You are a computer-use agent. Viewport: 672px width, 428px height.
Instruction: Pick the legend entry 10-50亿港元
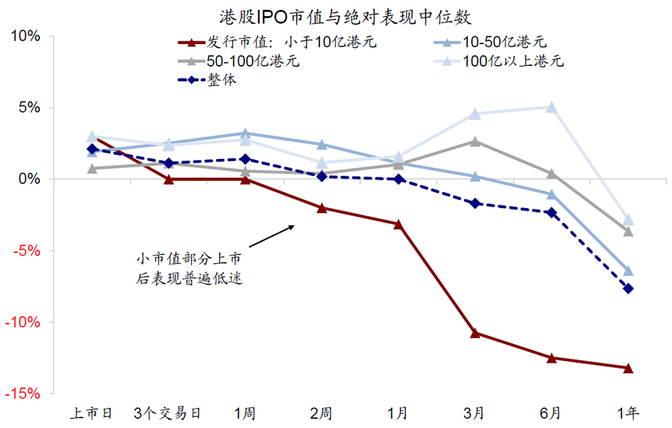coord(503,42)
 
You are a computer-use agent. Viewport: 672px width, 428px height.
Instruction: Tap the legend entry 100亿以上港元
coord(512,61)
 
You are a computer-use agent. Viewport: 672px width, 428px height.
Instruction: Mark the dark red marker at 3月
coord(475,333)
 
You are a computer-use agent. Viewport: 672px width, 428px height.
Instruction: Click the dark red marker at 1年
coord(628,368)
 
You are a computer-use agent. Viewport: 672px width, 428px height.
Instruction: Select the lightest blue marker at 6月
coord(552,107)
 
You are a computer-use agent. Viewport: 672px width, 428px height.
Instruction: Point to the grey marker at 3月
coord(475,141)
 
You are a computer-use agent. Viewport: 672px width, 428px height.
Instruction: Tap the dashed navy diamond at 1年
coord(628,289)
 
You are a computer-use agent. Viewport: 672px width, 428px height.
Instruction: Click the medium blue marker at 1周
coord(245,133)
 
